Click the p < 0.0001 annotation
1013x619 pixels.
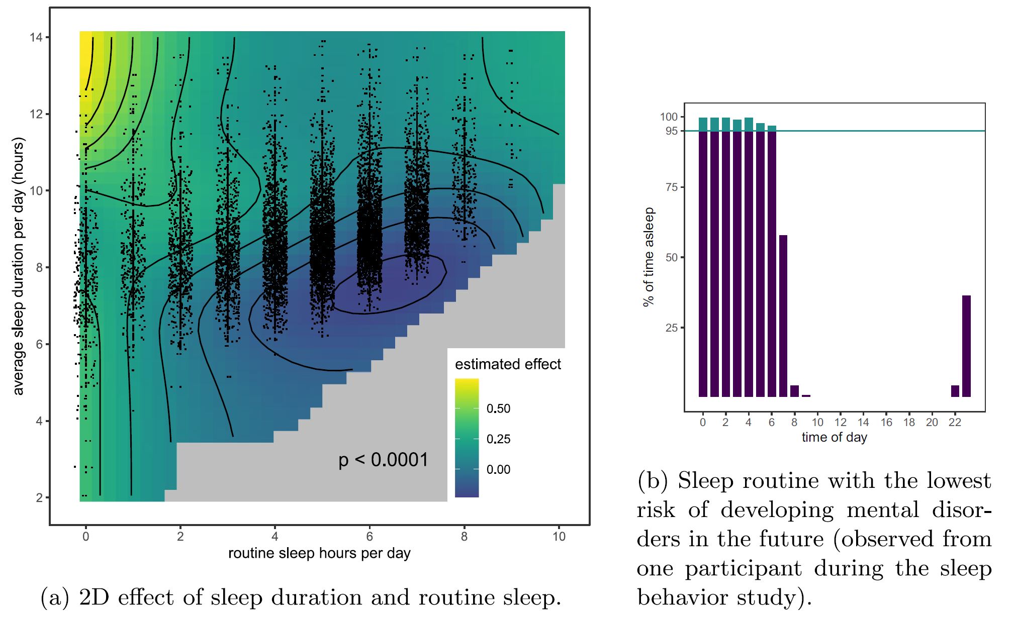point(383,460)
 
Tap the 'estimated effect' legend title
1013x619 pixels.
point(508,364)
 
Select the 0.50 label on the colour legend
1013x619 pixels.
point(498,408)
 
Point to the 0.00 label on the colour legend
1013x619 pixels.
point(498,470)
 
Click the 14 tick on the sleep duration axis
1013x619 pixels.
point(36,37)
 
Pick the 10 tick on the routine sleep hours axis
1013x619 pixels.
point(559,537)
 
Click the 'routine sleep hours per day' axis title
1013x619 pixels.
point(319,553)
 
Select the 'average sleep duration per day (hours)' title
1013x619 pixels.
point(18,266)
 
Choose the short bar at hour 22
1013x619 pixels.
point(955,391)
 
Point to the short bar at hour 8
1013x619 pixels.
point(794,391)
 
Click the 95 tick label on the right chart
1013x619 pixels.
point(671,131)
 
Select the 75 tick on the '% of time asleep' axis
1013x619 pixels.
point(671,187)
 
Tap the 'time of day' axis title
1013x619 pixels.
point(834,437)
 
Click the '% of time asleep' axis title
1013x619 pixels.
point(649,257)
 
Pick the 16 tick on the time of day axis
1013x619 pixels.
point(886,423)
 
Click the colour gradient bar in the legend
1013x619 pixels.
point(467,438)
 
